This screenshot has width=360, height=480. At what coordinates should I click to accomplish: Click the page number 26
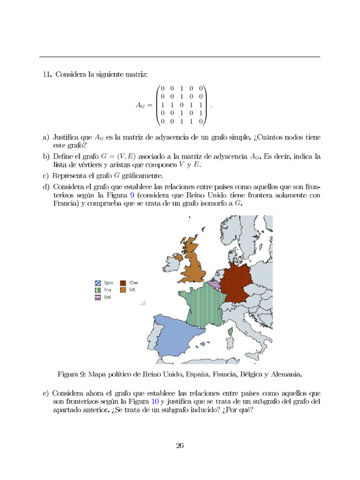180,445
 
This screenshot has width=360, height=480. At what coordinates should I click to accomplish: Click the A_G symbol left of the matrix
140,105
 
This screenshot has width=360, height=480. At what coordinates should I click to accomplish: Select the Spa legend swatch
98,283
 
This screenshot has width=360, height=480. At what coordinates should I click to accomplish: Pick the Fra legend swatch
98,290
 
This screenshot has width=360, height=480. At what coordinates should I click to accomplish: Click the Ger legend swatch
123,283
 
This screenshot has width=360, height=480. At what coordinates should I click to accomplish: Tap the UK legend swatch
123,290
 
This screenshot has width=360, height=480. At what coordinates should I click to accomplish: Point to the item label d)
45,187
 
